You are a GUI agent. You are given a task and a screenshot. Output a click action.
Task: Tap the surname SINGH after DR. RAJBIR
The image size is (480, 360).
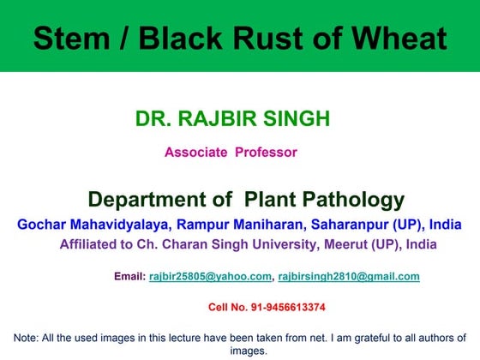click(297, 119)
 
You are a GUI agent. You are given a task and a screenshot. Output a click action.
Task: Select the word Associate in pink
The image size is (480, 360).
click(194, 153)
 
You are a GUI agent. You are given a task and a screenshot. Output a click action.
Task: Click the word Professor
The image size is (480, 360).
click(266, 153)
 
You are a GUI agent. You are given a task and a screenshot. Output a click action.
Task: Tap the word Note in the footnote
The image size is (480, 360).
click(26, 338)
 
